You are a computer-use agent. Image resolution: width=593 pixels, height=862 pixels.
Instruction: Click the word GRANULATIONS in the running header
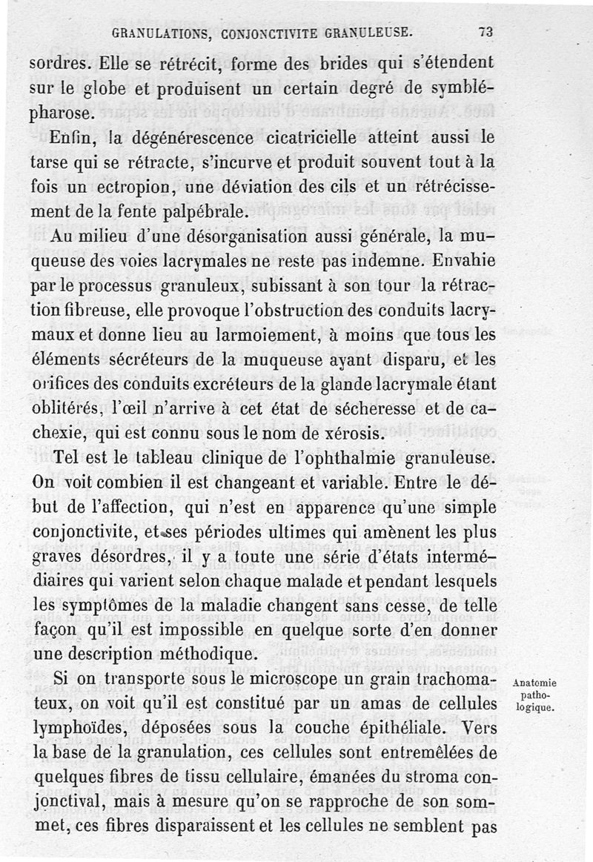[153, 33]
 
